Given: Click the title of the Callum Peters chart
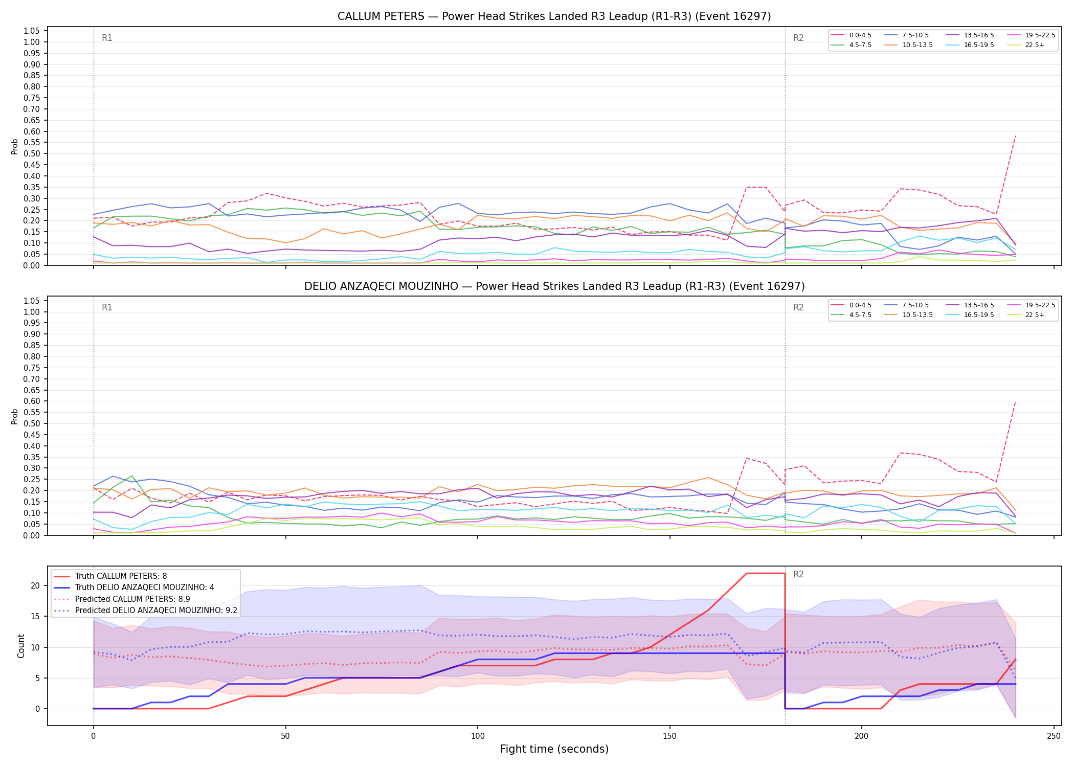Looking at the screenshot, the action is [554, 16].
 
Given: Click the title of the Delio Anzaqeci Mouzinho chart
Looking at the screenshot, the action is [554, 286].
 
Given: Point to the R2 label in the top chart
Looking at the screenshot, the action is [798, 38].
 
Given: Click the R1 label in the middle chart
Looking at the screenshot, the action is [107, 307].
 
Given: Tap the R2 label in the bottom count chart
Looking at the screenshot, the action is [798, 574].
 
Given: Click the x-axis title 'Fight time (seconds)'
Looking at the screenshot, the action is [554, 749].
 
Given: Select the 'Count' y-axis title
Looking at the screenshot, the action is [21, 646].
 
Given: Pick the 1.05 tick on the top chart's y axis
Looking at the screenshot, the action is [32, 31].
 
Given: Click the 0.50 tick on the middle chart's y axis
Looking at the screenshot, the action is [32, 424].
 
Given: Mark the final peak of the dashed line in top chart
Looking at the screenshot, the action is [1015, 136].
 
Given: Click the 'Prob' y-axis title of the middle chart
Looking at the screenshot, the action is [15, 417].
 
